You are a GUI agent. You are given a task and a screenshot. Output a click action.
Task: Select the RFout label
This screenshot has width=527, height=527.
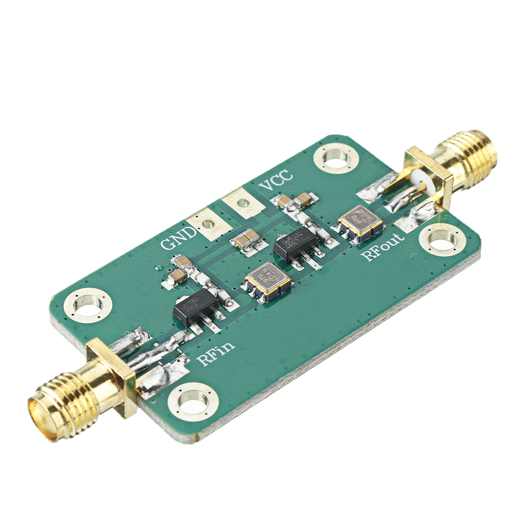point(383,247)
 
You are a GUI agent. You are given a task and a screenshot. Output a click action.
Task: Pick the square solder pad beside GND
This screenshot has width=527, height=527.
point(209,223)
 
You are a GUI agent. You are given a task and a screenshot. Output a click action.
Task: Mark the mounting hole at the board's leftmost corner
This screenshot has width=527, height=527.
point(87,305)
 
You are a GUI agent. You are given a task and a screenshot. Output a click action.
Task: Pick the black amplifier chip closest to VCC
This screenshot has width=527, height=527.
point(296,243)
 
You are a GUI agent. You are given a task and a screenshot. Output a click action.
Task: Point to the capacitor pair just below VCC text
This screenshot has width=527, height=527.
point(295,200)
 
